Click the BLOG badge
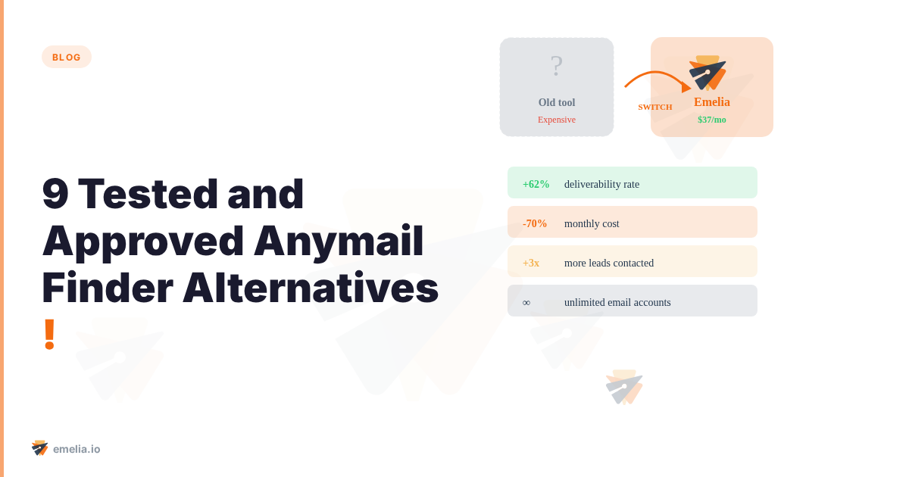coord(67,57)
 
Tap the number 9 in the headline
coord(55,194)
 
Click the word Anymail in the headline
coord(339,241)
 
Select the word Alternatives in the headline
coord(311,288)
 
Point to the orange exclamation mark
coord(49,335)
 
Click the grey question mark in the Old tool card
coord(557,67)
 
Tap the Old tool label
coord(557,102)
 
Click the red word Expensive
coord(557,120)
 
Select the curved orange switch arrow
coord(656,78)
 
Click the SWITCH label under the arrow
coord(655,107)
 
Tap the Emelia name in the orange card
coord(712,102)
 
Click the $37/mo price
coord(712,120)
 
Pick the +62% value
coord(536,184)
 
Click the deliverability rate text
coord(601,184)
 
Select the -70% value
coord(535,223)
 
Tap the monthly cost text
coord(592,223)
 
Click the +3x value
coord(531,263)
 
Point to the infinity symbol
coord(526,302)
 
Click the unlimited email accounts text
coord(617,302)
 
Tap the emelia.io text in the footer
coord(77,449)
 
